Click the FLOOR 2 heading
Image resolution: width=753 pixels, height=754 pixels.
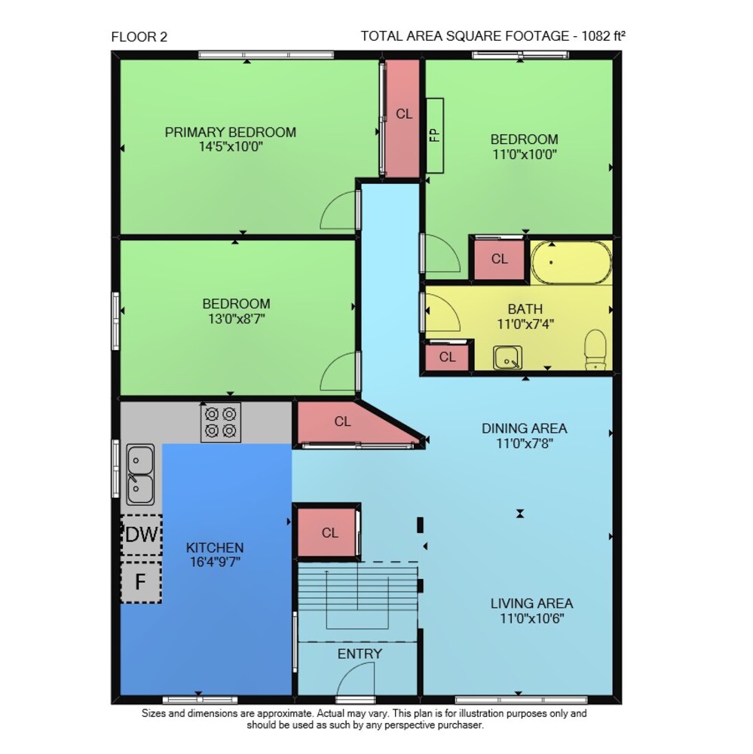[x=139, y=37]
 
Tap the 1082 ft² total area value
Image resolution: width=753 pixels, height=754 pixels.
[x=604, y=36]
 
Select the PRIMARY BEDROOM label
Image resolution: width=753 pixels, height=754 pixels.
[x=231, y=132]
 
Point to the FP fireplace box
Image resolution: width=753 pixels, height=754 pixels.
[x=435, y=136]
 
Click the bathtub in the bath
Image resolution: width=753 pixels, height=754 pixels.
[x=571, y=262]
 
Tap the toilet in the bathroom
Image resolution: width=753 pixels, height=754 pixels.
[x=595, y=350]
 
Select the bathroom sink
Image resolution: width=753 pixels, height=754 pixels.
[x=507, y=357]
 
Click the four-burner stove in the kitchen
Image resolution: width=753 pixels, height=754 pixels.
[x=221, y=422]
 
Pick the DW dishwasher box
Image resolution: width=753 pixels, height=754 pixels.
[x=141, y=535]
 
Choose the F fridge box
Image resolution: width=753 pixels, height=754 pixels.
[x=140, y=582]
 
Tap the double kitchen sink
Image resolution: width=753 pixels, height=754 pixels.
[x=140, y=474]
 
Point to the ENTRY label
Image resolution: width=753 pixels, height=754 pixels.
[x=360, y=654]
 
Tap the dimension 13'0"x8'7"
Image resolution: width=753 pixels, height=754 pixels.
[x=236, y=319]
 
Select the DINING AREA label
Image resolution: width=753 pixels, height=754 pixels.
[x=524, y=428]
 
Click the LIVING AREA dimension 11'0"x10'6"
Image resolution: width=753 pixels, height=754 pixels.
[x=532, y=618]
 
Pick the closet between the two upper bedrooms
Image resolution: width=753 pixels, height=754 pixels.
[x=403, y=118]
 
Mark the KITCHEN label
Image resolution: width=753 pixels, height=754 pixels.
[x=215, y=547]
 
